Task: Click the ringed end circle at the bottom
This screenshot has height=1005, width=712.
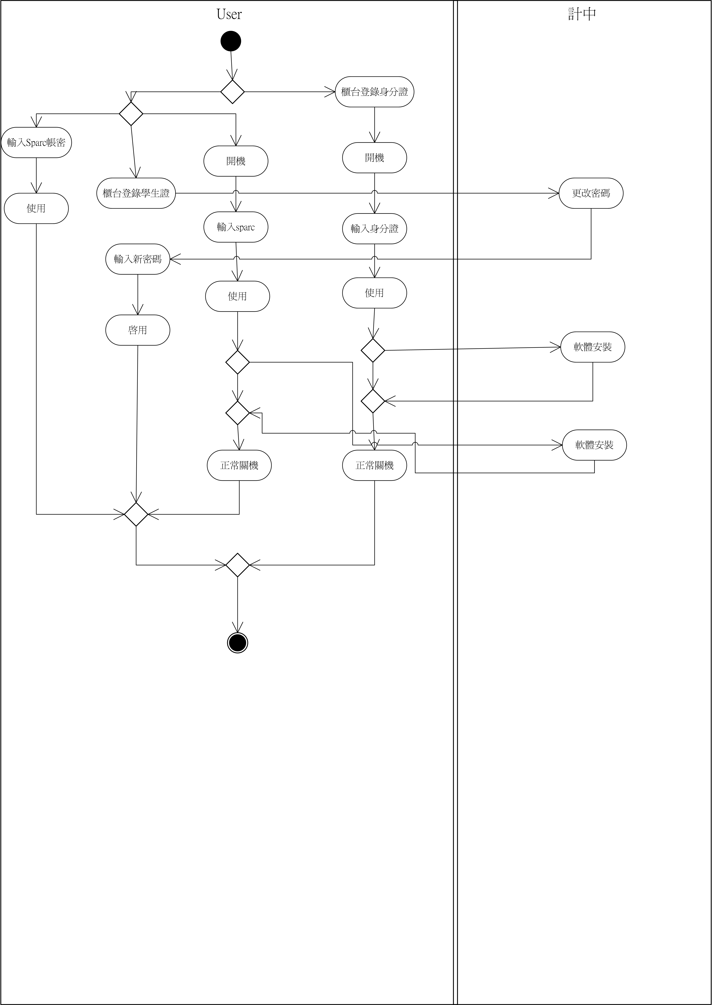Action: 238,643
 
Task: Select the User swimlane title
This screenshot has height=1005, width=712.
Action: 229,14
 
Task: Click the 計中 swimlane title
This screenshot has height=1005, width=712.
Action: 582,14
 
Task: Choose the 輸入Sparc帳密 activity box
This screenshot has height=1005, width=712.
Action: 36,142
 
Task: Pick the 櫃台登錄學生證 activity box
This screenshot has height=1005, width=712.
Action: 136,193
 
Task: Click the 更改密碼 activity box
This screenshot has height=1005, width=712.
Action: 591,193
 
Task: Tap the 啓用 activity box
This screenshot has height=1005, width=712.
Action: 138,330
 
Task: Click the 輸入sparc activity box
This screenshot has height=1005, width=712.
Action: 236,227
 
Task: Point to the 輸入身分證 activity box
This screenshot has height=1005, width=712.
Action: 374,229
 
